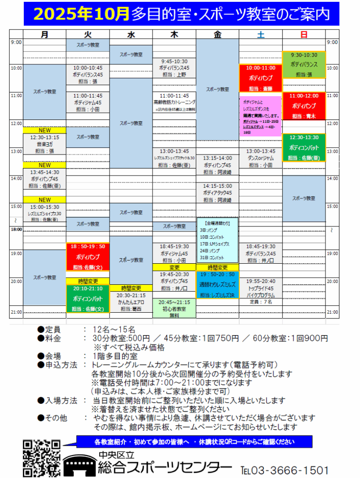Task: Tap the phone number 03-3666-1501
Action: click(284, 470)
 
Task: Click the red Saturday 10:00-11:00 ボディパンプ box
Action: click(260, 78)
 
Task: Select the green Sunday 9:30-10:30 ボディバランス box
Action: click(304, 64)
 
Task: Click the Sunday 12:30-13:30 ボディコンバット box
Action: click(304, 148)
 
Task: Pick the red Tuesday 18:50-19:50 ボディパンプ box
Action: click(88, 257)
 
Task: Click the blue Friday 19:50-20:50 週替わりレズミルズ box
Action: click(217, 285)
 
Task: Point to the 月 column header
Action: click(44, 34)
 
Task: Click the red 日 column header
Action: click(304, 34)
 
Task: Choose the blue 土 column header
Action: click(260, 34)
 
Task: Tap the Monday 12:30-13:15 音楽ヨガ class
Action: click(44, 144)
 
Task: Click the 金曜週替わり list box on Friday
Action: click(217, 240)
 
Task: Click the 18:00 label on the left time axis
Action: click(16, 229)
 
